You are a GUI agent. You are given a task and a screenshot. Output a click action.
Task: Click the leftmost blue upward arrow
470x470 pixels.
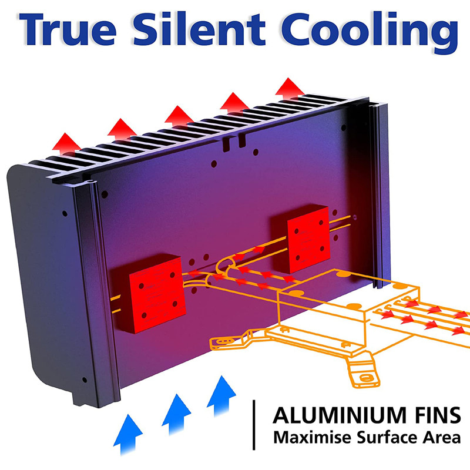pyautogui.click(x=129, y=432)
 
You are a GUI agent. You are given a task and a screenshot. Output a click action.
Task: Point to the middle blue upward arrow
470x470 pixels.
pyautogui.click(x=176, y=411)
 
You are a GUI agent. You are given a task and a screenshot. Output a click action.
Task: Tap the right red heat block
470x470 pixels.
pyautogui.click(x=305, y=241)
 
